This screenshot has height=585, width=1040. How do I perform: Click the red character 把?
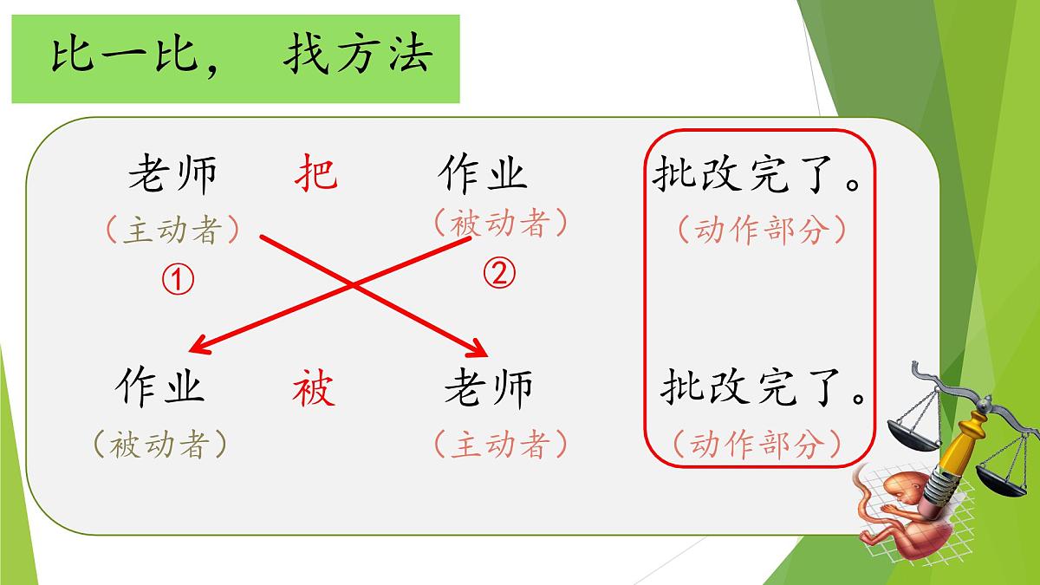point(315,173)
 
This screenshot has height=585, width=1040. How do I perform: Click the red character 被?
point(313,388)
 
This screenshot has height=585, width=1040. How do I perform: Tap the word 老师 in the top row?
point(172,174)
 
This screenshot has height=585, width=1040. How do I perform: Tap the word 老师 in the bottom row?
point(489,387)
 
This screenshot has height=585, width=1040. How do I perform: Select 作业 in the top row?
point(483,173)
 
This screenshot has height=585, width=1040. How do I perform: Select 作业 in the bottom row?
point(159,387)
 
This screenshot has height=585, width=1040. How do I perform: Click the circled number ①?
point(177,279)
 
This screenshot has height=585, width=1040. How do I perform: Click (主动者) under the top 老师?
point(172,230)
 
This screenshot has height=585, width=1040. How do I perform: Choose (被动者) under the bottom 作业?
point(159,445)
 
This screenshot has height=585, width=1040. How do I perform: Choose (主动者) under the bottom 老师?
point(500,445)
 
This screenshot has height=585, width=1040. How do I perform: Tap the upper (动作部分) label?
point(760,230)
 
